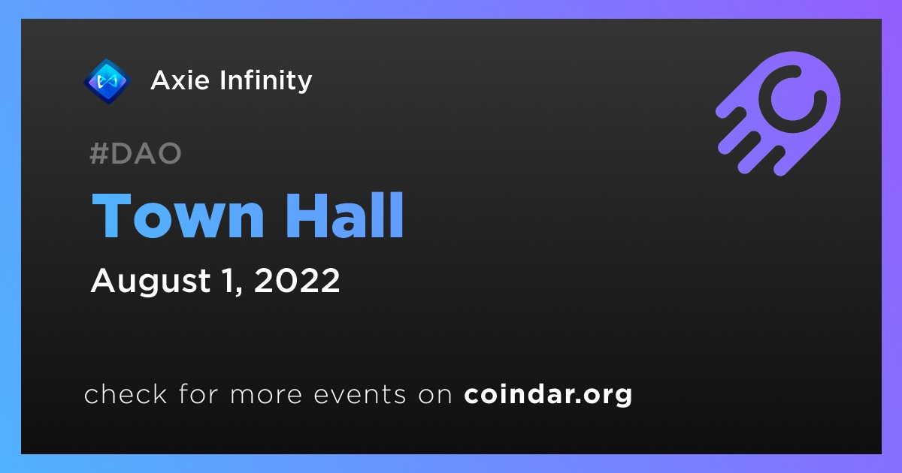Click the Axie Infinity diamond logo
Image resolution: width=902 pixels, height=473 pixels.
pos(107,81)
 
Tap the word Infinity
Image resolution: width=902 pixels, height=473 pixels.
pos(266,81)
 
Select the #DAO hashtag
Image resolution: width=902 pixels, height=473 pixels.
pos(136,153)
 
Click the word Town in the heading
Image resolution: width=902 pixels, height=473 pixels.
pos(178,216)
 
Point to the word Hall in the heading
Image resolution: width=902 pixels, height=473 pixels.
pos(345,215)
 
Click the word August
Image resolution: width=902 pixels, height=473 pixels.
pos(150,281)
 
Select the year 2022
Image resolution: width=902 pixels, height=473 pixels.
pos(297,280)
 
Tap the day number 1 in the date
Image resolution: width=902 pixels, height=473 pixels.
pos(229,280)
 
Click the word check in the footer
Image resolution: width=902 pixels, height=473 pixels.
pos(126,393)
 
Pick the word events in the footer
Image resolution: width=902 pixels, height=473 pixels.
pos(360,395)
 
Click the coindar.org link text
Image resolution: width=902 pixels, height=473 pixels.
pos(548,395)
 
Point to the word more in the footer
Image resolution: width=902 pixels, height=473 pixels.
pos(266,395)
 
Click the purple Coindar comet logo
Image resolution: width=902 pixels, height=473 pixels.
pos(779,113)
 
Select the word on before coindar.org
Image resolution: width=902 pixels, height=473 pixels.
pos(435,395)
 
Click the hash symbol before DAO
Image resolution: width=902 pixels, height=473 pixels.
pos(98,153)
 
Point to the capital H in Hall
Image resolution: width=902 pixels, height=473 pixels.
pos(306,216)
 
